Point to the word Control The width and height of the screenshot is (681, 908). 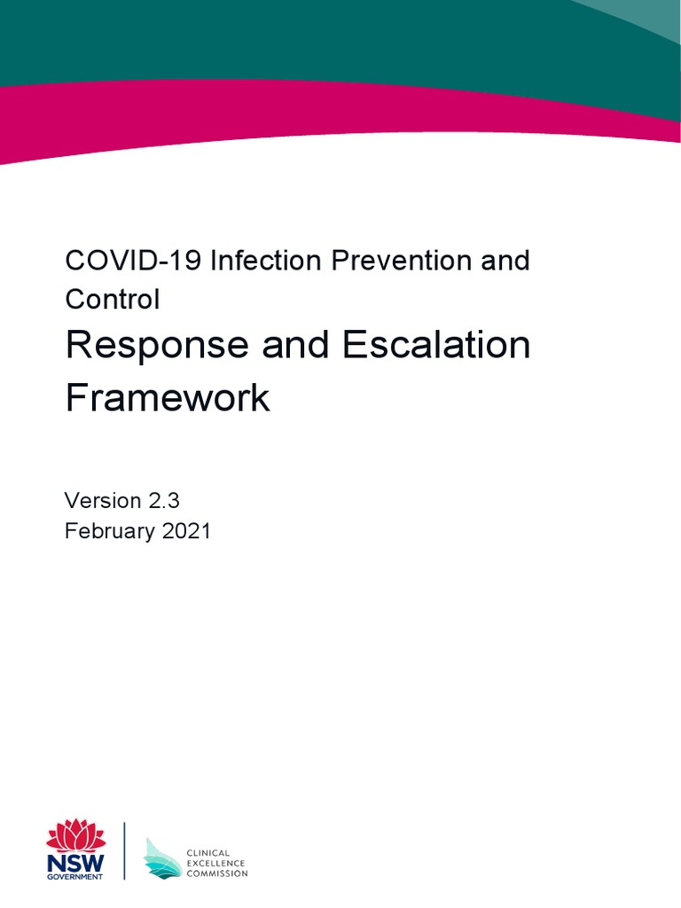click(113, 300)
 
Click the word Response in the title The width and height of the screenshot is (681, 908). click(156, 346)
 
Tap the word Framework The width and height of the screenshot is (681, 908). click(168, 398)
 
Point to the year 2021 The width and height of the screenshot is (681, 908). click(185, 532)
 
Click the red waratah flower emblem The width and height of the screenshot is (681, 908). click(75, 836)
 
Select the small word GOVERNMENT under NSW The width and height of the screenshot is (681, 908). click(75, 877)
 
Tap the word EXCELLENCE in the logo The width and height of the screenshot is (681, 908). click(215, 863)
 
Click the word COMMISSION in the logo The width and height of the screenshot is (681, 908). click(217, 873)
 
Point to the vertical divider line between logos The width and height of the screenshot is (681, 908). click(124, 851)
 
